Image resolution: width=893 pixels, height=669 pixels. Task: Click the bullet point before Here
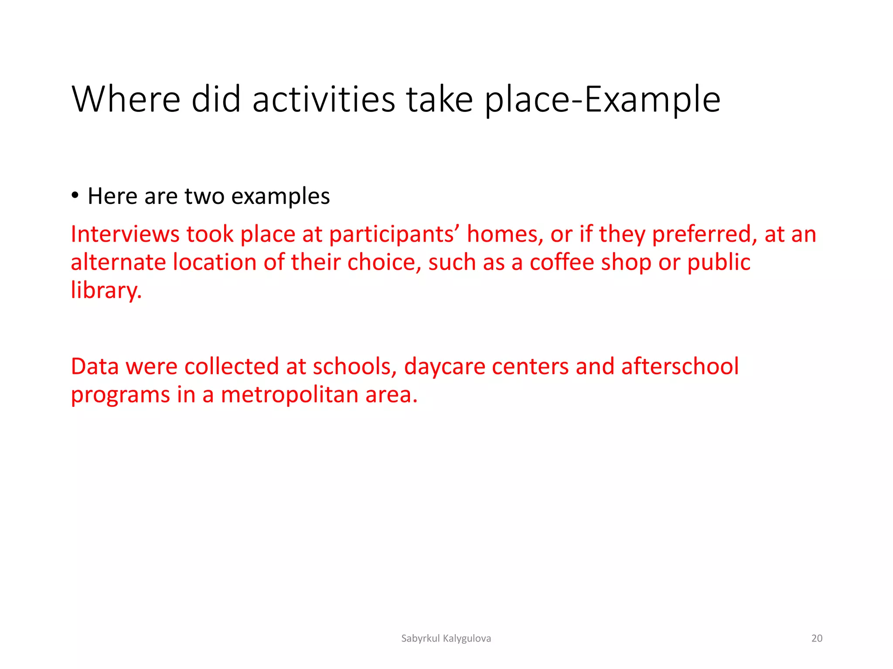[75, 196]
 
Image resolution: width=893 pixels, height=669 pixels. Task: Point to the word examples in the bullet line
[280, 197]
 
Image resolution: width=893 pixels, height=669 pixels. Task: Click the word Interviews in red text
[125, 234]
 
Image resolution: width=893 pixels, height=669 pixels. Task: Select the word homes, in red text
[505, 234]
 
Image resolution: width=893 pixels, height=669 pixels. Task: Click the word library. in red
[106, 291]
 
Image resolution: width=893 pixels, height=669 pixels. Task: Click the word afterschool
[680, 366]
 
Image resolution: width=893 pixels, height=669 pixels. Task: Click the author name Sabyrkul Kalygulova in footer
[446, 639]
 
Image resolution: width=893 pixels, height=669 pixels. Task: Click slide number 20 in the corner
[817, 639]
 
